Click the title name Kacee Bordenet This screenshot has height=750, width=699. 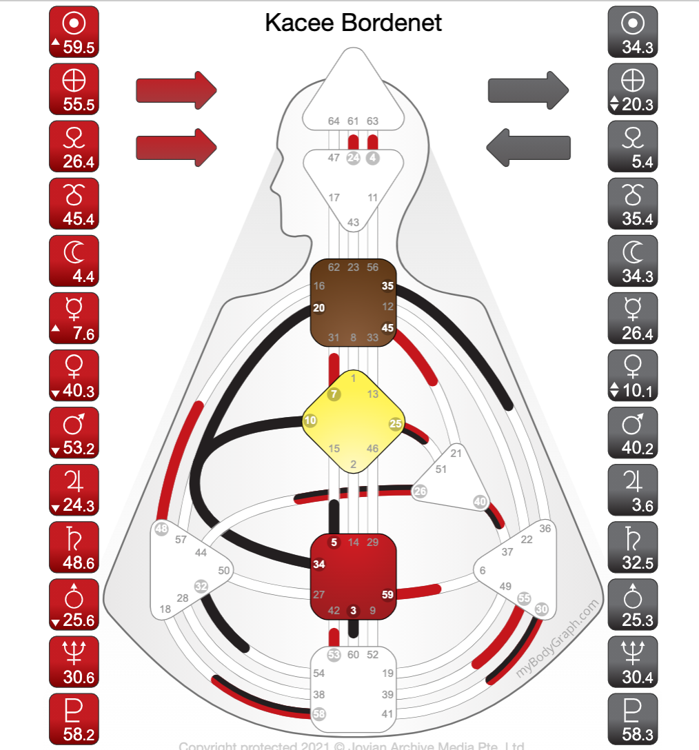point(353,23)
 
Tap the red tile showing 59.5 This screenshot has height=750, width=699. point(74,32)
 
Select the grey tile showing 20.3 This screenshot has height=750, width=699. point(632,89)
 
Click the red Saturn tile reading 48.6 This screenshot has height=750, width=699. point(74,547)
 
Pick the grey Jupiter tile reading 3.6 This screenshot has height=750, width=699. point(632,489)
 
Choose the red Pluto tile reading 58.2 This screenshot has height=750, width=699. point(74,718)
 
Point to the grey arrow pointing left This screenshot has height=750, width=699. point(529,146)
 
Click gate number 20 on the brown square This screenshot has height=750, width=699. point(319,308)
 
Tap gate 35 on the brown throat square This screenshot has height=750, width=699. point(387,285)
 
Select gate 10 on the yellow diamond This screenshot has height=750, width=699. point(310,420)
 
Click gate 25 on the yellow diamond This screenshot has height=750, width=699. point(396,423)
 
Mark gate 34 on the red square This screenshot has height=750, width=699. point(319,564)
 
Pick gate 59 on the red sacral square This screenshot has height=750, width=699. point(387,594)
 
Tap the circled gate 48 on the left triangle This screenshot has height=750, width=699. point(162,529)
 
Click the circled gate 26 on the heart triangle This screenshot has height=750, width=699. point(419,491)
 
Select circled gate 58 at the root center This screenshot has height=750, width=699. point(319,713)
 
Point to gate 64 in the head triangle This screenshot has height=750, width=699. point(334,121)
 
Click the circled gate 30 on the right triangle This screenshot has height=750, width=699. point(542,609)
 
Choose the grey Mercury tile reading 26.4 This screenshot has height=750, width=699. point(632,318)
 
